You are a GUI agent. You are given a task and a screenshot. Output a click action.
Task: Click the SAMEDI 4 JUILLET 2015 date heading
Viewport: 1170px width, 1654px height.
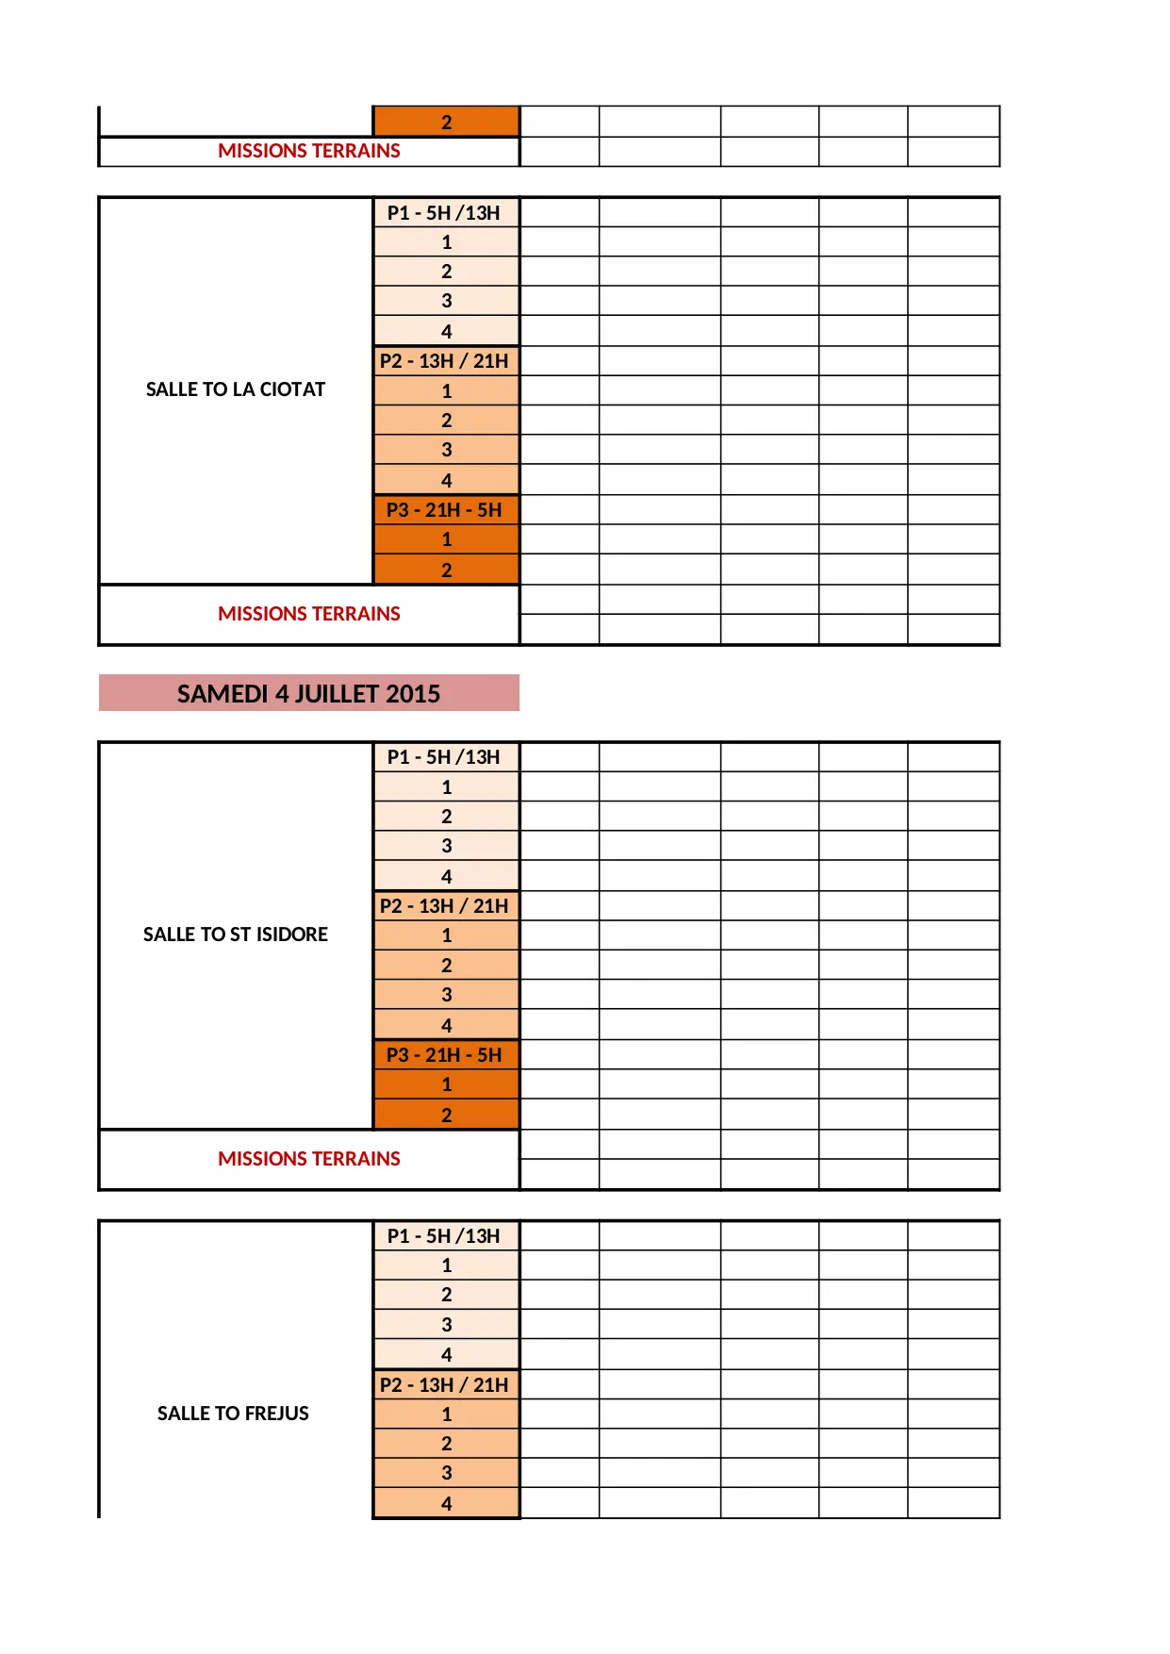[308, 694]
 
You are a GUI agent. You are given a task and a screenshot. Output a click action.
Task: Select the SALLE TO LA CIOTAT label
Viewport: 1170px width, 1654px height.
[236, 389]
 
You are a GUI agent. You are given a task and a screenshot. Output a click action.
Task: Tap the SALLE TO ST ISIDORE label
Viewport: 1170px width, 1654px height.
[236, 935]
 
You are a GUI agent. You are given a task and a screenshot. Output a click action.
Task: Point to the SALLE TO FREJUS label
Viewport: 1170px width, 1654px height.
[233, 1413]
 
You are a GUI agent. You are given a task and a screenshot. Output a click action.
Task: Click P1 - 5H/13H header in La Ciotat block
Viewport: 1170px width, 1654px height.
[444, 213]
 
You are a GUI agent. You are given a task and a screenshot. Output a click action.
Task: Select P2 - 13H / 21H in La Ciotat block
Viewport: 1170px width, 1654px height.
[444, 361]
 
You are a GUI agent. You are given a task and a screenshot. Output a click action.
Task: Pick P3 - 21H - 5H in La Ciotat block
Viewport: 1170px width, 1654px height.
[444, 510]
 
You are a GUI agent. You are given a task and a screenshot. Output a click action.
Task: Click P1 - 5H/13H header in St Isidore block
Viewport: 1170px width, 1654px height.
[444, 757]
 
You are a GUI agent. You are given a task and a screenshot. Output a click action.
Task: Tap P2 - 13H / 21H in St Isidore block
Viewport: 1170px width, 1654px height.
[444, 906]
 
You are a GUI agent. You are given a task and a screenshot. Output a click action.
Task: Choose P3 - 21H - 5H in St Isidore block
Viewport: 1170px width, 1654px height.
[444, 1055]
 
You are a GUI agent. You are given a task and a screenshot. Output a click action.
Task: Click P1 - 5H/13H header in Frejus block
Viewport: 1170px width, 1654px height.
[444, 1236]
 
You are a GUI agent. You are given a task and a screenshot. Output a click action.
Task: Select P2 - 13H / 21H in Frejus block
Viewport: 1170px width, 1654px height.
[444, 1384]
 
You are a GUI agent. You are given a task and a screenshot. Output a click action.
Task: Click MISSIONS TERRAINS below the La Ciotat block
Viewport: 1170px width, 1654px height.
[309, 614]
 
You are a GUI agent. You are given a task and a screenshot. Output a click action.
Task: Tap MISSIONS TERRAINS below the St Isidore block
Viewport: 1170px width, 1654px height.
[309, 1159]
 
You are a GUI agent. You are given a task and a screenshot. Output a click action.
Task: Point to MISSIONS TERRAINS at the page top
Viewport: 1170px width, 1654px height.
[309, 151]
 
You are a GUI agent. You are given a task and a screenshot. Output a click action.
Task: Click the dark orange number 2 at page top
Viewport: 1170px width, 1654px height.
[447, 123]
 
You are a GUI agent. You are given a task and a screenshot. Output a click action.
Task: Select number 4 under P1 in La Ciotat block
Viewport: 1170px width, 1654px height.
[447, 332]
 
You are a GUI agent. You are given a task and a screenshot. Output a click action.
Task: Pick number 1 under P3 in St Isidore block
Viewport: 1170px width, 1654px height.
[447, 1084]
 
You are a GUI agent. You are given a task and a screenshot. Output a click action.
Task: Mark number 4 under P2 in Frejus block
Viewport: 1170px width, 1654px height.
[447, 1504]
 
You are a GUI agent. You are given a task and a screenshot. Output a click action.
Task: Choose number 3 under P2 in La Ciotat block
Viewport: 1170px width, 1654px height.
[447, 450]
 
